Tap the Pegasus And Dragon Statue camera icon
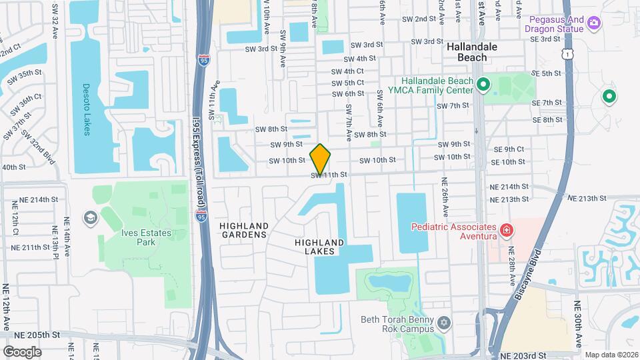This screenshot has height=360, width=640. pos(594,25)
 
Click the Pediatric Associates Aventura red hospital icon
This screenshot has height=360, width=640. pos(507,231)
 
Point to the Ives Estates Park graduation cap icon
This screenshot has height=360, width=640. pos(89,218)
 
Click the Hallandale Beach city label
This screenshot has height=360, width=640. pos(477,53)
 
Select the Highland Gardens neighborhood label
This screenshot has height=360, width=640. pos(243,230)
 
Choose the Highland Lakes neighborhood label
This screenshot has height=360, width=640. pos(319,247)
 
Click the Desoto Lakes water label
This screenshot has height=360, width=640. pos(86,109)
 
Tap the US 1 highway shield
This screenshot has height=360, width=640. pos(567,52)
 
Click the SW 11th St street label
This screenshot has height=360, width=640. pos(329,175)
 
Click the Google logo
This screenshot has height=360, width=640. pos(22,351)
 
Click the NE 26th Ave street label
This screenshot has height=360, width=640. pos(443,200)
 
